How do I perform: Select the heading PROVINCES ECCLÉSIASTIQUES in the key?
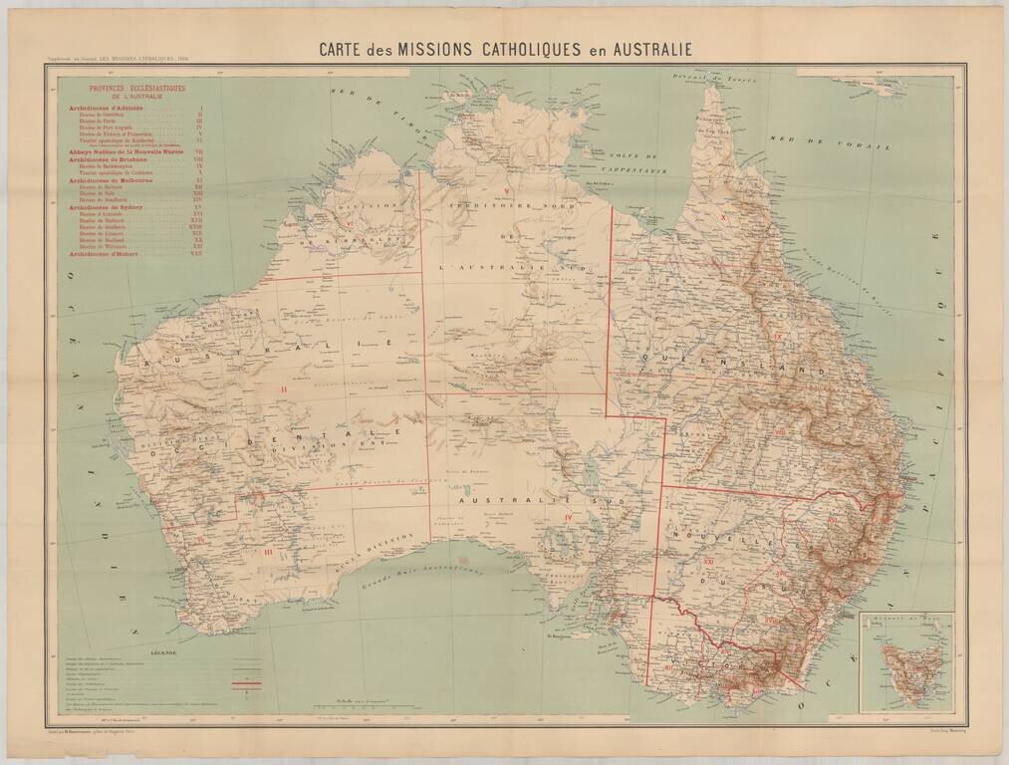tap(136, 89)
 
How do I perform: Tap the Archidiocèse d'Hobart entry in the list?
tap(107, 254)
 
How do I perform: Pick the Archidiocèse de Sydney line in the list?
tap(108, 206)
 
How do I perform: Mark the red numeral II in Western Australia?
tap(284, 387)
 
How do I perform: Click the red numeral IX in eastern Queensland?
tap(777, 339)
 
